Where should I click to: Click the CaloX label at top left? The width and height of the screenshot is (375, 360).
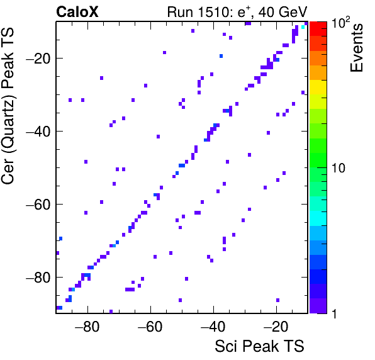[x=77, y=11]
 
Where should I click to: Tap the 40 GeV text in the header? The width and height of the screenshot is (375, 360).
[x=283, y=12]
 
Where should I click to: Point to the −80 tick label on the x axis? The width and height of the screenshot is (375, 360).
[x=87, y=326]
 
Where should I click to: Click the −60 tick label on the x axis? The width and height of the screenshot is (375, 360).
[x=150, y=326]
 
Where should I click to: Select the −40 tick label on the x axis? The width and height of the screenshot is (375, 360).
[x=213, y=326]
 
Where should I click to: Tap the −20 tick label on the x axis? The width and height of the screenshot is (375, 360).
[x=276, y=326]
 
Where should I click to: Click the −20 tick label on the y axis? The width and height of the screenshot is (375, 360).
[x=38, y=58]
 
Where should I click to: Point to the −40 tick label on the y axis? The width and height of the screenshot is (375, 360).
[x=38, y=131]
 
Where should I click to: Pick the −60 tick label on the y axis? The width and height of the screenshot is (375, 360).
[x=38, y=204]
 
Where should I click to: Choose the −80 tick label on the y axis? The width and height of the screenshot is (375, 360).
[x=38, y=277]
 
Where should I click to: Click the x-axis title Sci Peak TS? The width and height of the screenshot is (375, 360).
[x=259, y=346]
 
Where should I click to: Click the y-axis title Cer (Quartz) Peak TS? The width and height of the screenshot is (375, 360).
[x=8, y=106]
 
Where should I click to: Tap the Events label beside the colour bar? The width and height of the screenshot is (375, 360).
[x=357, y=48]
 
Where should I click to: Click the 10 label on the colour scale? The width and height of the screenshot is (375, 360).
[x=339, y=168]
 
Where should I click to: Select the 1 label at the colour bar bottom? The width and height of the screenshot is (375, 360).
[x=334, y=313]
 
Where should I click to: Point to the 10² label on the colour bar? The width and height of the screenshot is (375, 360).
[x=340, y=23]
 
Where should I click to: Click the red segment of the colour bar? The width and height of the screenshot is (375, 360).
[x=318, y=29]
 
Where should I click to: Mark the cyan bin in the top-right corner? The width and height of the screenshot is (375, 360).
[x=303, y=27]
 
